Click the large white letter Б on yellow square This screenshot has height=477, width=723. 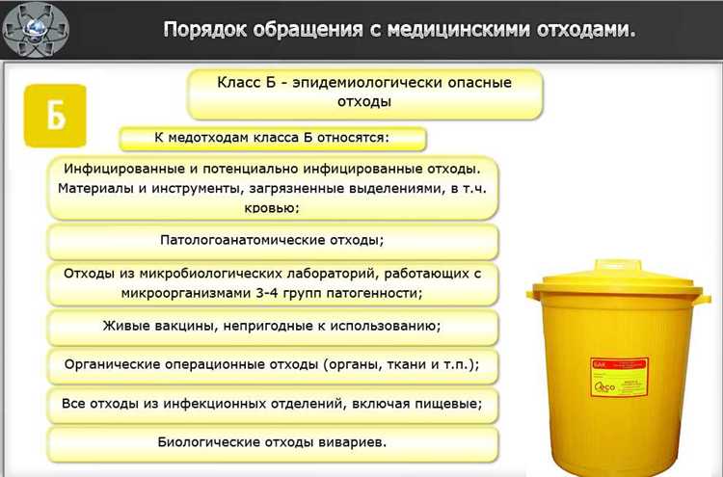point(56,116)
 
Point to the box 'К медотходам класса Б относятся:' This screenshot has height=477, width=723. point(272,138)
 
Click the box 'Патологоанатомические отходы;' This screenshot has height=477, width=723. point(272,240)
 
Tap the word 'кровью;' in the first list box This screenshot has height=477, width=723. point(272,207)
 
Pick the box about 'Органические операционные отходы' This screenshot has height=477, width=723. point(272,364)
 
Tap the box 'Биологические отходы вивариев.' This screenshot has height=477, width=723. point(272,442)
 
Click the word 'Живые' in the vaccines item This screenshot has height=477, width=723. point(125,326)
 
